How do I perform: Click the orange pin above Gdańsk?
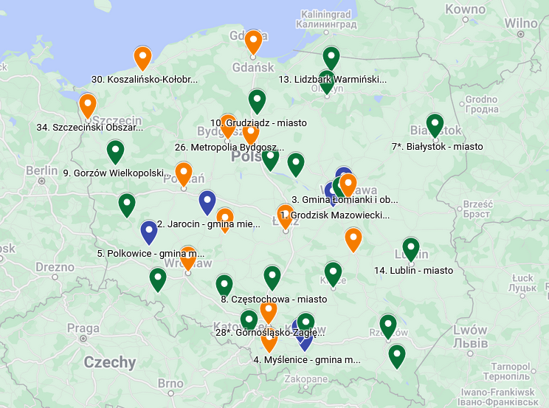tap(254, 42)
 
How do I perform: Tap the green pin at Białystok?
tap(435, 125)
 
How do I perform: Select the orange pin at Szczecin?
tap(88, 106)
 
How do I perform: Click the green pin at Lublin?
tap(411, 249)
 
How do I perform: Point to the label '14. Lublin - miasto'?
tap(413, 271)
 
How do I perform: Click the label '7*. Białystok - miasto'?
tap(437, 147)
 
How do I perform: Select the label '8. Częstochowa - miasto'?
tap(274, 299)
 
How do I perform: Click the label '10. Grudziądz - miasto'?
tap(258, 122)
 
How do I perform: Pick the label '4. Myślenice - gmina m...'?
tap(307, 360)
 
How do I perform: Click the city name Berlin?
tap(41, 170)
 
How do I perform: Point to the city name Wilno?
tap(521, 23)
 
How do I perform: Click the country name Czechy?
tap(110, 362)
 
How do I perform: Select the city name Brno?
tap(170, 384)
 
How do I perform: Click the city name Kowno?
tap(463, 10)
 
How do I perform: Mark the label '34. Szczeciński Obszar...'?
tap(90, 127)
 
